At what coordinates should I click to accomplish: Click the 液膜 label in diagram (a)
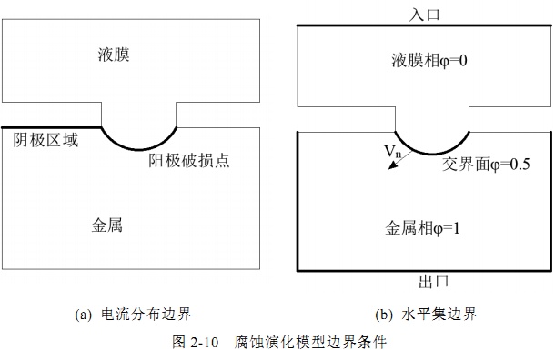coord(114,55)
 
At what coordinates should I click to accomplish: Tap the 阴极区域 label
coord(45,140)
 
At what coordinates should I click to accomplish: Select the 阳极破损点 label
coord(189,161)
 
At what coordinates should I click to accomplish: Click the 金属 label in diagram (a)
coord(106,225)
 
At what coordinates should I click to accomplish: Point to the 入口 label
coord(424,15)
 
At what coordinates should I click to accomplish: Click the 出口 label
coord(434,282)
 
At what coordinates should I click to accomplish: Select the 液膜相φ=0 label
coord(429,61)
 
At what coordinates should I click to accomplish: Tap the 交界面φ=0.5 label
coord(486,164)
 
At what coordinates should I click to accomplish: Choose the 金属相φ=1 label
coord(422,228)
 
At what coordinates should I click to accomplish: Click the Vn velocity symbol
coord(392,151)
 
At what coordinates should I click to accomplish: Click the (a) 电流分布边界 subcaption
coord(133,314)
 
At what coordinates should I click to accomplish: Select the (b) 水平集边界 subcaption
coord(426,314)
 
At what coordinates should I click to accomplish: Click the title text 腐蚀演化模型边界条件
coord(310,342)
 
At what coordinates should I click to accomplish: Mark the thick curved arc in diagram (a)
coord(138,149)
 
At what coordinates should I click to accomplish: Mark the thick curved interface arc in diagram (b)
coord(432,154)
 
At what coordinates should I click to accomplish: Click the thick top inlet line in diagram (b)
coord(424,25)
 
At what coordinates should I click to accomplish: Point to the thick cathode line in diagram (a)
coord(51,127)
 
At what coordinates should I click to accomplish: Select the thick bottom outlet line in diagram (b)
coord(424,271)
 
